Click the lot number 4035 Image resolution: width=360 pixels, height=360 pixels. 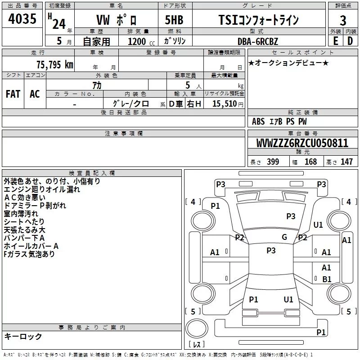coord(22,19)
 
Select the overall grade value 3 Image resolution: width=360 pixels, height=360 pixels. coord(343,20)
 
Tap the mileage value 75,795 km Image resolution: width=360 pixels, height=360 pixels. coord(55,65)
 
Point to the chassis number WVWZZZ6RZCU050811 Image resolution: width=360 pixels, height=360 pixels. coord(302,143)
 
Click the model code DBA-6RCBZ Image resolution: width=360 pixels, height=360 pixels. coord(258,41)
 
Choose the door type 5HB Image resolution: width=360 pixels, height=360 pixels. coord(174,20)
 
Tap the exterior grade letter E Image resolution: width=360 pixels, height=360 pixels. coord(336,41)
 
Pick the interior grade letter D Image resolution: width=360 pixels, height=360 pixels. coord(350,41)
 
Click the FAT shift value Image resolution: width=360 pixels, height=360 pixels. coord(13,94)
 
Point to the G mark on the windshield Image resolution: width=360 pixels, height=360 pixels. coord(284,237)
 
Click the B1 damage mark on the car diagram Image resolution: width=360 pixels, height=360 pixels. coord(327,279)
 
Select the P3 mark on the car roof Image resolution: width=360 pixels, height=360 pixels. coord(271,250)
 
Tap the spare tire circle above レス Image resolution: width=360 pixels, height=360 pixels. coord(197,328)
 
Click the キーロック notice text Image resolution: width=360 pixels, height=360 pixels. coord(23,336)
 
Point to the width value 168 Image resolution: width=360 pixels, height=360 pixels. coord(310,162)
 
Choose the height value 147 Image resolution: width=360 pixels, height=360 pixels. coord(346,162)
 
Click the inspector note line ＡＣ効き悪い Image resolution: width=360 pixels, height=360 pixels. coord(25,198)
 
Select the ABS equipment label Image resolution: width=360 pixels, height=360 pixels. coord(258,121)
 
